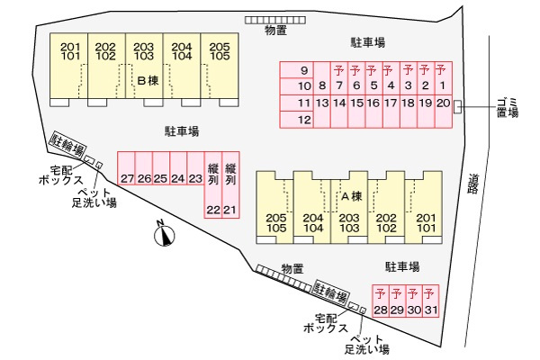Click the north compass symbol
[165, 235]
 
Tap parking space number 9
[296, 70]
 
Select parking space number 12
[296, 120]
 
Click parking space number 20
[443, 112]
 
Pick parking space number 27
[126, 168]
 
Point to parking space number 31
[430, 301]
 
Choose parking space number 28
[381, 301]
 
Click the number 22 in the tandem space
[213, 210]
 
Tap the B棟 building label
[148, 81]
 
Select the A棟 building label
[352, 196]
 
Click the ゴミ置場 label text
[508, 107]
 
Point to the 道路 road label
[474, 184]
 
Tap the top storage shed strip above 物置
[275, 20]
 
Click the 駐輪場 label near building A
[330, 292]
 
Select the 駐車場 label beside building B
[182, 131]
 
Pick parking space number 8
[322, 95]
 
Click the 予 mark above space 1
[441, 70]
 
